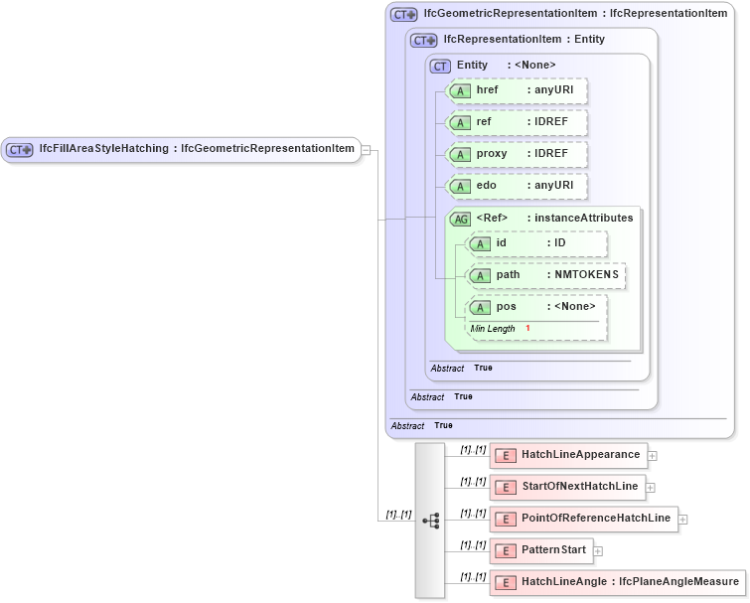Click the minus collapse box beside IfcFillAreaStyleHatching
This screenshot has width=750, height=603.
tap(366, 150)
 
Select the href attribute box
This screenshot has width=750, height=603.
tap(517, 90)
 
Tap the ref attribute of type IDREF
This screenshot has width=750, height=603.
tap(517, 122)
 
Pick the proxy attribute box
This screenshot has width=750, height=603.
tap(517, 154)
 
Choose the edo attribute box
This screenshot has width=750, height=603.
tap(517, 186)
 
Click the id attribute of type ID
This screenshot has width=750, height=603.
tap(536, 243)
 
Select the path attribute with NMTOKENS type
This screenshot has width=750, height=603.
tap(546, 275)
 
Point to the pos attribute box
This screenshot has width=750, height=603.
tap(536, 307)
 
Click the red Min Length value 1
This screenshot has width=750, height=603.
tap(527, 328)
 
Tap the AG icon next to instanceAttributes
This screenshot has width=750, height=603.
tap(460, 219)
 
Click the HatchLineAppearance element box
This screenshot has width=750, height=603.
tap(568, 455)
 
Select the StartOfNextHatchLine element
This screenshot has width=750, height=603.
tap(567, 487)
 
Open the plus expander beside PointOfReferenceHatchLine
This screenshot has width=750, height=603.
tap(683, 519)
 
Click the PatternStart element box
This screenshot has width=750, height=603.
tap(541, 550)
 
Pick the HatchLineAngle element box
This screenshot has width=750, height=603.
tap(616, 582)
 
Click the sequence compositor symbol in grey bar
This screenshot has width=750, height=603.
tap(430, 520)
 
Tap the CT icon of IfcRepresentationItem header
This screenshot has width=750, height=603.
tap(424, 40)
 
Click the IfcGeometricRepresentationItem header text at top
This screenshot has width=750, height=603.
tap(574, 14)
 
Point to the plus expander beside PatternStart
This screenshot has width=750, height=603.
tap(598, 550)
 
